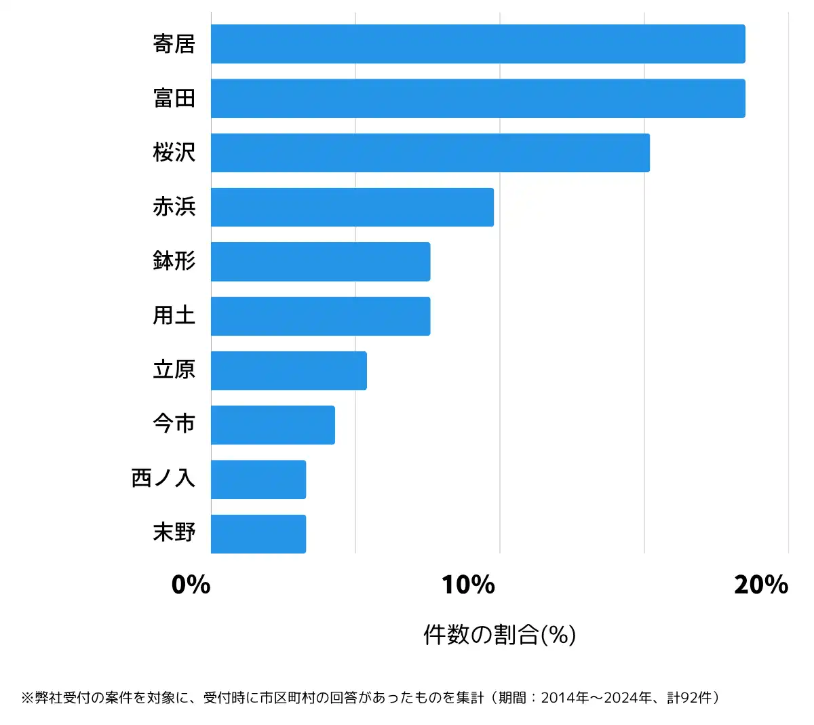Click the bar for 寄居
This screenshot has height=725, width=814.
(x=478, y=44)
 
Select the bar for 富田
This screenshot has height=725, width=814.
(x=478, y=98)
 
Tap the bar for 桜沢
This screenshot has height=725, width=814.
(x=430, y=153)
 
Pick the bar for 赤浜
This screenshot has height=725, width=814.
(x=352, y=207)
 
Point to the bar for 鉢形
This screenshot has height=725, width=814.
(x=320, y=262)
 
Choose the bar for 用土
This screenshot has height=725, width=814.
(x=320, y=316)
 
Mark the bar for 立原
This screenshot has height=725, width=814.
(x=288, y=370)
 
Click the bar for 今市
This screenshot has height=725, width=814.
(x=273, y=425)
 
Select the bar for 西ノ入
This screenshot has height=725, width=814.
(x=258, y=479)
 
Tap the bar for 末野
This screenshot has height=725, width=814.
(x=258, y=534)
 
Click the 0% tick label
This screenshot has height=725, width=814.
(x=191, y=585)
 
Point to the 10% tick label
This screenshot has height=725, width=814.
(x=468, y=585)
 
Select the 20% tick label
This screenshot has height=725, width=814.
(x=760, y=585)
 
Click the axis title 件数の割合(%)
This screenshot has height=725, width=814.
(x=499, y=635)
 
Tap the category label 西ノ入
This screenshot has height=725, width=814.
(x=163, y=478)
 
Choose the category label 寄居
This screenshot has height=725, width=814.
(x=174, y=44)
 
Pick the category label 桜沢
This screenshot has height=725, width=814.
(x=174, y=153)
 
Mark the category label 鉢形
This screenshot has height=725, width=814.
(x=174, y=261)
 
